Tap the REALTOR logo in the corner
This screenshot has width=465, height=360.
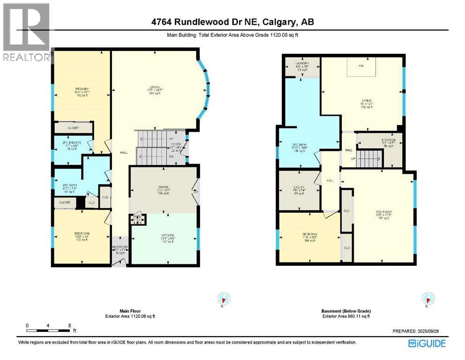tap(26, 33)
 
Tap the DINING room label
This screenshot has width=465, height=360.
tap(163, 190)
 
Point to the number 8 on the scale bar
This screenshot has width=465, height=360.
tap(69, 325)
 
